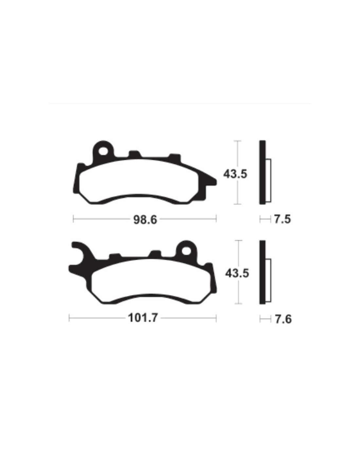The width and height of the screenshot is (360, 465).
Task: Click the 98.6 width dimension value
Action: pos(145,220)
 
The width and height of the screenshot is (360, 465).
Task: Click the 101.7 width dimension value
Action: pos(143,318)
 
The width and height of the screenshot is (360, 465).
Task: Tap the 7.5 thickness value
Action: pos(282,219)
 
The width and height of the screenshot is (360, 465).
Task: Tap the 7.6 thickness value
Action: pos(283,319)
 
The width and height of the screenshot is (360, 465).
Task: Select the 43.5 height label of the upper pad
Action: pos(235,174)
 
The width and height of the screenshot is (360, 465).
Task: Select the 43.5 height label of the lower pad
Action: pos(237,273)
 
